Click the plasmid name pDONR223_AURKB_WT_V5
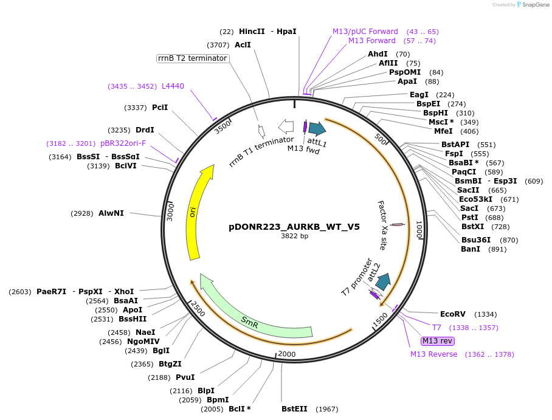tap(294, 227)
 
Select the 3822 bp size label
tap(294, 236)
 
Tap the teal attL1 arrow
tap(317, 128)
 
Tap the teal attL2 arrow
tap(383, 281)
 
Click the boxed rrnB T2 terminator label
tap(192, 58)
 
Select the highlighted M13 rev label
tap(438, 341)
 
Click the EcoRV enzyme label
tap(452, 314)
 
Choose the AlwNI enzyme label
tap(111, 213)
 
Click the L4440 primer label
tap(173, 86)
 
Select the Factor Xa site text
tap(382, 225)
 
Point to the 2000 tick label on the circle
tap(286, 354)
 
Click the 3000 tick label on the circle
tap(170, 212)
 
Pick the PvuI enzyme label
tap(185, 377)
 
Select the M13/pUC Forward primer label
tap(365, 32)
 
